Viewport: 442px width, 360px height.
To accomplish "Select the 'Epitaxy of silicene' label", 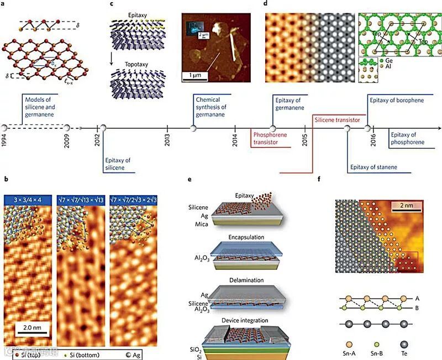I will pyautogui.click(x=118, y=164).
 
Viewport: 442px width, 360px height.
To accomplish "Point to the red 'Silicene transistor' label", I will pyautogui.click(x=337, y=119).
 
